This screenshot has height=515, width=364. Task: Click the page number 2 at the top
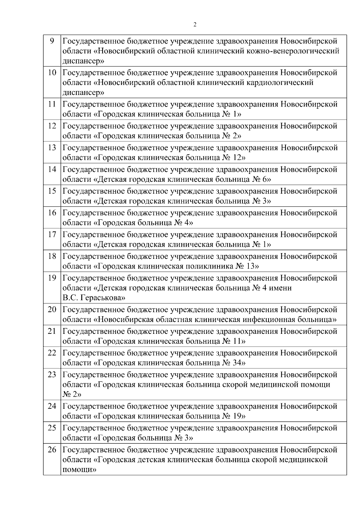click(x=195, y=25)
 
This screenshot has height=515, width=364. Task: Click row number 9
click(x=52, y=41)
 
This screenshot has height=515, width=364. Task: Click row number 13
click(x=52, y=148)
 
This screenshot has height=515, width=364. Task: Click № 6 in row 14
click(x=261, y=179)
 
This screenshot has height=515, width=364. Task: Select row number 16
click(x=52, y=213)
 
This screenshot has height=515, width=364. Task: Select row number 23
click(x=52, y=375)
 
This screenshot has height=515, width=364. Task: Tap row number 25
click(x=52, y=428)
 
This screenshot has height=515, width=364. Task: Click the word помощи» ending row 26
click(x=79, y=470)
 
